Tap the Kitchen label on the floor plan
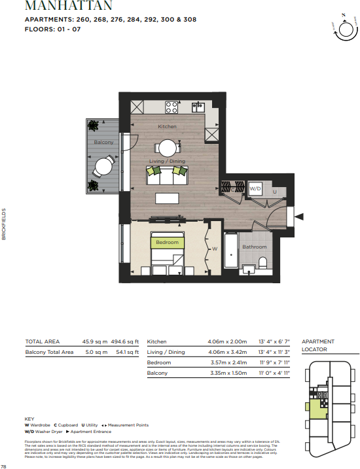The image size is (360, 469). (167, 126)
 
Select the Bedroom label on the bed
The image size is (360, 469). (167, 243)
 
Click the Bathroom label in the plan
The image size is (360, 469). (255, 247)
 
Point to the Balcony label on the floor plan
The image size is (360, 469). (103, 142)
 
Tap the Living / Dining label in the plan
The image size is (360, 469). (168, 161)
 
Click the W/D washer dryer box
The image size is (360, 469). (256, 188)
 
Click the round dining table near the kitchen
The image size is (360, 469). (168, 147)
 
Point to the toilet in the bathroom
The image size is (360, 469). (263, 262)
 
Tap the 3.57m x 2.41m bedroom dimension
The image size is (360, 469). (221, 362)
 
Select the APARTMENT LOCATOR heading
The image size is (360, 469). (317, 346)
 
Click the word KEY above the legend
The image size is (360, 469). (29, 419)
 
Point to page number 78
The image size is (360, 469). (4, 466)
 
